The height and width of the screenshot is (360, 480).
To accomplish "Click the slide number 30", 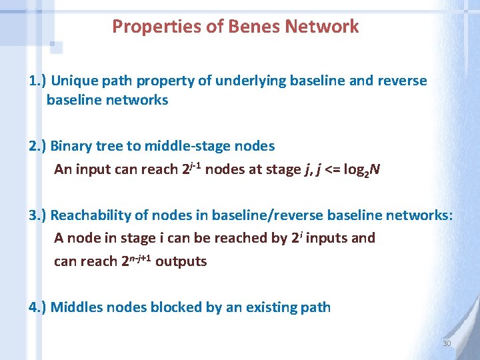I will click(447, 343).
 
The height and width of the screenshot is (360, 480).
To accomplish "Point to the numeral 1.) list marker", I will click(37, 81).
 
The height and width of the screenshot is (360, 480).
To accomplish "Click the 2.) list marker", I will click(37, 146).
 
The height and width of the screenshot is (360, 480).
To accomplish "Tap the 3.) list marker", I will click(37, 215).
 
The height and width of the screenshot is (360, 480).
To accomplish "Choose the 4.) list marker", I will click(37, 307).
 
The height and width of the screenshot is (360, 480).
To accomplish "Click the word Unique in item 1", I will click(73, 81).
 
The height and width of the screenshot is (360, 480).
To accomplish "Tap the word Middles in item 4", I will click(77, 307).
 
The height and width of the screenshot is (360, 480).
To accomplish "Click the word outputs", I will click(181, 261).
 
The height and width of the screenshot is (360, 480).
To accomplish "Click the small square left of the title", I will click(56, 47).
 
